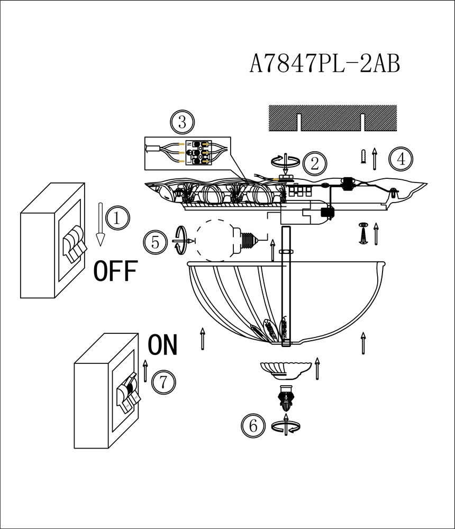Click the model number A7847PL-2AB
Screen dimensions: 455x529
325,63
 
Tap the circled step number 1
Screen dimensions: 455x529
117,218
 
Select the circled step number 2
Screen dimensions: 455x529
315,163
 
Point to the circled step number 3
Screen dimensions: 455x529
183,122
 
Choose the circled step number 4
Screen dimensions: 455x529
401,159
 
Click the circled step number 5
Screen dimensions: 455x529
155,242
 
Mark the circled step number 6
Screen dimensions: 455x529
253,425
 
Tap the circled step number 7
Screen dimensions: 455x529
163,382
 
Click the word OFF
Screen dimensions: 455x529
115,271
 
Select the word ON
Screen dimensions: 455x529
163,345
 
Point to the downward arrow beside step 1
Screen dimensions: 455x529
100,224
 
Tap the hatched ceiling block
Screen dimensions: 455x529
332,118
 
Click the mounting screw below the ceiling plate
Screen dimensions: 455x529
363,233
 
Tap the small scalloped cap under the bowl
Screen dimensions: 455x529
286,370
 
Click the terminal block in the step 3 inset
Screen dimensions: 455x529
198,153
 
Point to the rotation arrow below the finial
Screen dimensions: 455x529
286,426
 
